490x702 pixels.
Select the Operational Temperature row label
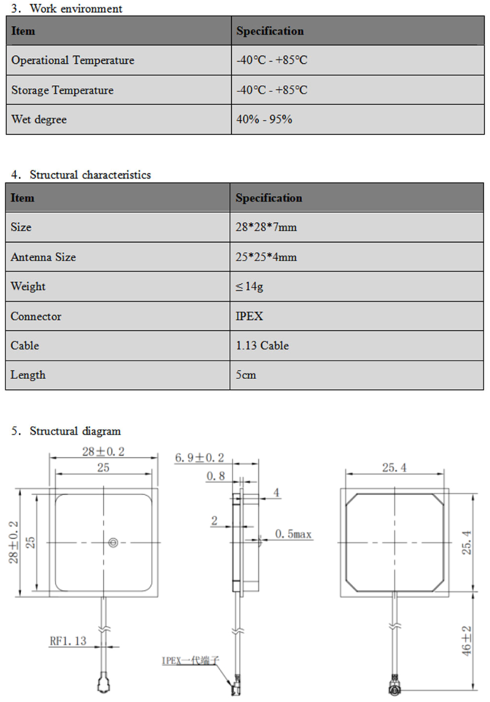(x=72, y=60)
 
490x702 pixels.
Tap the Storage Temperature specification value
(x=271, y=90)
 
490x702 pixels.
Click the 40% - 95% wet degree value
(x=264, y=120)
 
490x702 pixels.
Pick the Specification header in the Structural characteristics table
(x=269, y=198)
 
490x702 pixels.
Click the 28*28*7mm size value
(x=266, y=227)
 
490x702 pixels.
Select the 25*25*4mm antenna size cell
(x=266, y=257)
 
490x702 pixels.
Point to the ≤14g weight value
(x=249, y=286)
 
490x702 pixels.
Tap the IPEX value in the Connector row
(x=249, y=316)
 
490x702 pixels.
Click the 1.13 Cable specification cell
(x=262, y=346)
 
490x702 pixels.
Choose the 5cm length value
(x=246, y=375)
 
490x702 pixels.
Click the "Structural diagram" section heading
(x=75, y=431)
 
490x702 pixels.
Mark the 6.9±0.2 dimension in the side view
(x=199, y=457)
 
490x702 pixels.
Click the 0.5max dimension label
(x=293, y=535)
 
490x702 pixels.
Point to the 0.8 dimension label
(x=215, y=476)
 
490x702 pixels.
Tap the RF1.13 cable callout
(x=67, y=641)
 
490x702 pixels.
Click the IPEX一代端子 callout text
(x=190, y=660)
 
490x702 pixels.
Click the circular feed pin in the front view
(x=113, y=542)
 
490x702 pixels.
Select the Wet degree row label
(x=39, y=120)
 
